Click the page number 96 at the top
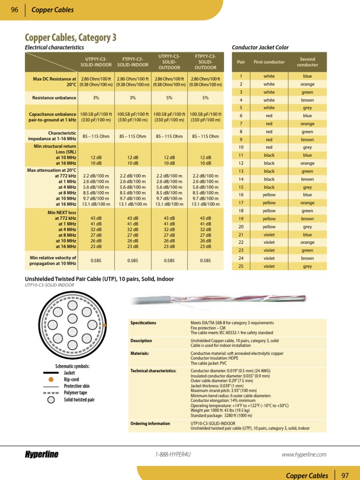(x=14, y=10)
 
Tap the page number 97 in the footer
(x=346, y=475)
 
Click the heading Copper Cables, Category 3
(x=70, y=37)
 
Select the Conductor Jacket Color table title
(x=260, y=47)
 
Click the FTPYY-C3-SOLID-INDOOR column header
(x=133, y=61)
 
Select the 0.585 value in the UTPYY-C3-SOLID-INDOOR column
(x=96, y=260)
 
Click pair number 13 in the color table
(x=241, y=171)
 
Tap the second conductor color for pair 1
(x=307, y=76)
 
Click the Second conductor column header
(x=307, y=62)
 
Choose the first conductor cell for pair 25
(x=269, y=266)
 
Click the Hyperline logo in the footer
(x=42, y=454)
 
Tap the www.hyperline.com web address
(x=304, y=454)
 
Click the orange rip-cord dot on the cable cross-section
(x=105, y=325)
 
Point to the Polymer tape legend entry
(x=75, y=393)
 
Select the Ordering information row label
(x=150, y=423)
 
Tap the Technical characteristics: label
(x=153, y=370)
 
